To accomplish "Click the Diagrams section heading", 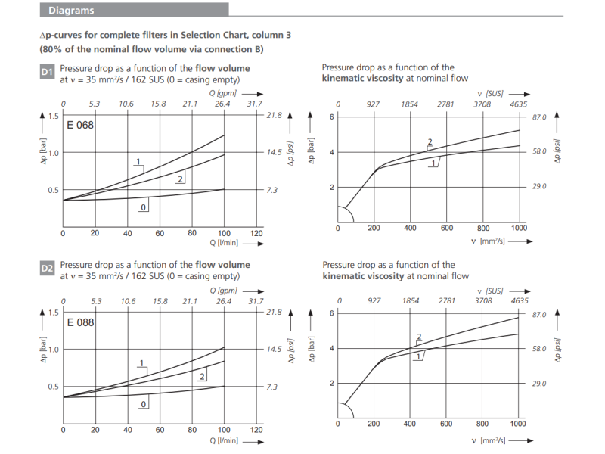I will click(71, 11).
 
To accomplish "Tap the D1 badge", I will click(47, 73).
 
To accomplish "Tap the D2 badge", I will click(47, 269).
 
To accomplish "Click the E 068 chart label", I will click(80, 125).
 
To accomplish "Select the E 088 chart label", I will click(80, 322).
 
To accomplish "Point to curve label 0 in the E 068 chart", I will click(142, 206).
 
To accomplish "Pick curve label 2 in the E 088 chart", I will click(203, 375).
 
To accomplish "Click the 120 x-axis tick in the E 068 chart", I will click(256, 233).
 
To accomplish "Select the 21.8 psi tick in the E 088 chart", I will click(274, 312).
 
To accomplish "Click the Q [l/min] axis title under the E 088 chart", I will click(224, 440).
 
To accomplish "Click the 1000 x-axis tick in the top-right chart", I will click(519, 228).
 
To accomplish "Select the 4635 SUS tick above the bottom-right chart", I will click(520, 300).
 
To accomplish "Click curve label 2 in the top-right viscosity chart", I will click(430, 142).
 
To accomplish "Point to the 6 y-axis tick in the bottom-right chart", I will click(330, 313).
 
